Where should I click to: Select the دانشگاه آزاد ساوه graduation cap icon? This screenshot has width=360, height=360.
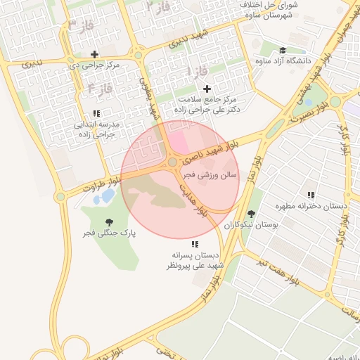click(x=282, y=51)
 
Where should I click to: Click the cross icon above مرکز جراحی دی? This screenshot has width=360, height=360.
click(x=94, y=54)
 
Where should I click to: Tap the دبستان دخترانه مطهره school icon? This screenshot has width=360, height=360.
click(x=310, y=195)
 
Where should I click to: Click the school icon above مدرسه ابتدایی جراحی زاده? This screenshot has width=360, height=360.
click(x=96, y=113)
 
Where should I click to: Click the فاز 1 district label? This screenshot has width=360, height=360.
click(x=199, y=72)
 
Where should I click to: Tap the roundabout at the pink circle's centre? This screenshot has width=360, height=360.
click(x=173, y=162)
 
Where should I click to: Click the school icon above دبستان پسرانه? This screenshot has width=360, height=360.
click(x=194, y=243)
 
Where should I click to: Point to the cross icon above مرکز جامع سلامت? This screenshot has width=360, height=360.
click(x=207, y=89)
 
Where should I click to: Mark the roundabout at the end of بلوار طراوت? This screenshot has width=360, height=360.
click(x=60, y=197)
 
